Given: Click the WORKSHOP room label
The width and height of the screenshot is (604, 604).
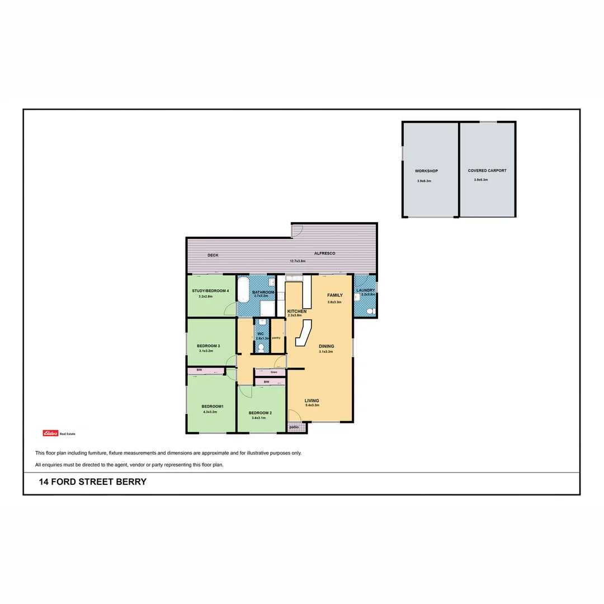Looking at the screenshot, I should click(426, 171).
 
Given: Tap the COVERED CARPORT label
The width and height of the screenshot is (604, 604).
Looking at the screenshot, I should click(487, 171).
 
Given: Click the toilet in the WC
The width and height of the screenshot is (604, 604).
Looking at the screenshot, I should click(261, 348).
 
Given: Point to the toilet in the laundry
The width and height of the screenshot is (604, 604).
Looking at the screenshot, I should click(370, 311).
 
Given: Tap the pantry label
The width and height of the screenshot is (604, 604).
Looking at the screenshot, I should click(276, 338).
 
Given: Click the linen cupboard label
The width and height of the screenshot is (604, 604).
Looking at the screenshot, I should click(273, 372).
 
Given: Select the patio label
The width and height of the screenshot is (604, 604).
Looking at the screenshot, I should click(294, 427).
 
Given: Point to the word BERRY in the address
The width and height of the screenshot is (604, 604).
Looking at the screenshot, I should click(131, 482).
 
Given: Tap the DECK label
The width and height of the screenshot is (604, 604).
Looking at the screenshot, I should click(213, 255).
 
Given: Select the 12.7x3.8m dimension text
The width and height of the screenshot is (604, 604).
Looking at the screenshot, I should click(298, 261).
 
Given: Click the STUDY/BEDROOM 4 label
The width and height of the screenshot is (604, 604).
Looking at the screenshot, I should click(210, 291).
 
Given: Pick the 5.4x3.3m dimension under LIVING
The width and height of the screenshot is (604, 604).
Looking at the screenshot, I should click(312, 405).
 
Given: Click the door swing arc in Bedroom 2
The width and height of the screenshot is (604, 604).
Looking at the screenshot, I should click(244, 391).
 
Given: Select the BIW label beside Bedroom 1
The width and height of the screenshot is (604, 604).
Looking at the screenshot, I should click(199, 370).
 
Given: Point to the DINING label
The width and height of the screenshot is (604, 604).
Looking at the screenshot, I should click(326, 346).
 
